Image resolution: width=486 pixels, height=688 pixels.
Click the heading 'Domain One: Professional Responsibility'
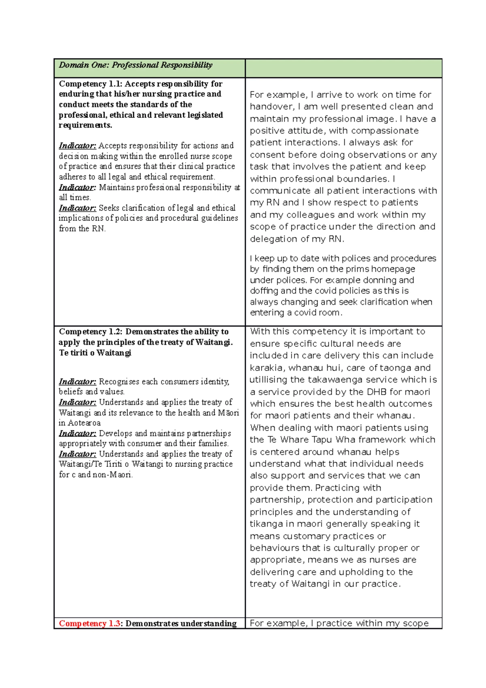(x=135, y=65)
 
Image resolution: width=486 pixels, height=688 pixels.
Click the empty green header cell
(x=343, y=68)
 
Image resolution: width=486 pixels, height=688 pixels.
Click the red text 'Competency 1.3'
(x=89, y=624)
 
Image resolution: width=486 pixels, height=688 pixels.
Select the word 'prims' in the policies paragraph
(x=357, y=269)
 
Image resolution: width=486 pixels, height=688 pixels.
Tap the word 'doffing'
(x=264, y=291)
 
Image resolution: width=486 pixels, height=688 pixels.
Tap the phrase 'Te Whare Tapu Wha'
(x=311, y=440)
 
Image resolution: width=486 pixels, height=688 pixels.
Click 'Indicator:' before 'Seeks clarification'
(x=77, y=208)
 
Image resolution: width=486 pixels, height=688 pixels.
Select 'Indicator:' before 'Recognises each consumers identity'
(x=77, y=382)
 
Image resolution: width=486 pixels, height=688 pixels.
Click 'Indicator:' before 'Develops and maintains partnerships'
(x=77, y=434)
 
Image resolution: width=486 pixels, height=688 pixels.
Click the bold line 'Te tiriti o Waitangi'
(x=95, y=353)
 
